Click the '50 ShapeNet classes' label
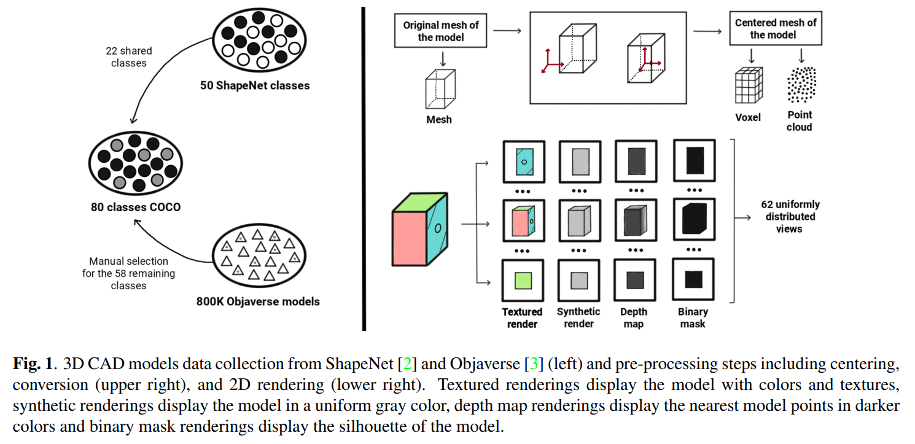click(255, 85)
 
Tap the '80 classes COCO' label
click(136, 207)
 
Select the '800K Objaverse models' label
click(258, 302)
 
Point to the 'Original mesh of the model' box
click(441, 31)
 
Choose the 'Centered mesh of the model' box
click(775, 29)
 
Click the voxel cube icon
click(749, 85)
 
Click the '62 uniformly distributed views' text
click(789, 217)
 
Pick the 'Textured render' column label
click(522, 317)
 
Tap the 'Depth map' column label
click(633, 317)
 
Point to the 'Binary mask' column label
click(693, 317)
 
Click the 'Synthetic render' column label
click(578, 317)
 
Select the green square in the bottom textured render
click(523, 280)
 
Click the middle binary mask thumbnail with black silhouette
click(694, 220)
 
